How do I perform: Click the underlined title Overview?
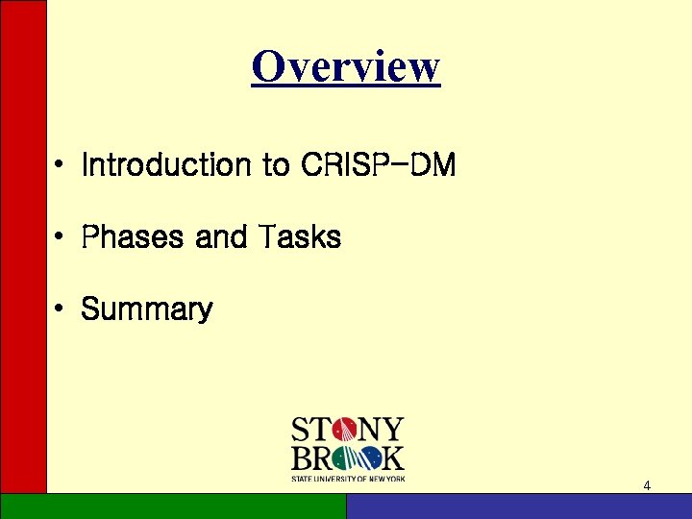(x=346, y=67)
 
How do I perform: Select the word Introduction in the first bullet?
(x=165, y=165)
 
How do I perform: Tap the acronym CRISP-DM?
(x=378, y=165)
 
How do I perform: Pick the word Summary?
(x=147, y=309)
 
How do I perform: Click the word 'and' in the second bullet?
(x=220, y=236)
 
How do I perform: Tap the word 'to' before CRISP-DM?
(x=274, y=165)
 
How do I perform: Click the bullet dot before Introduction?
(x=60, y=166)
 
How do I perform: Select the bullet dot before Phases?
(x=60, y=237)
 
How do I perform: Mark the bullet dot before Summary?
(x=60, y=309)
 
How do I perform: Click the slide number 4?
(x=647, y=485)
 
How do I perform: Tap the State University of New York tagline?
(x=348, y=478)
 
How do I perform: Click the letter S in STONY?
(x=300, y=430)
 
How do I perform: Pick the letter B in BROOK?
(x=301, y=458)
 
